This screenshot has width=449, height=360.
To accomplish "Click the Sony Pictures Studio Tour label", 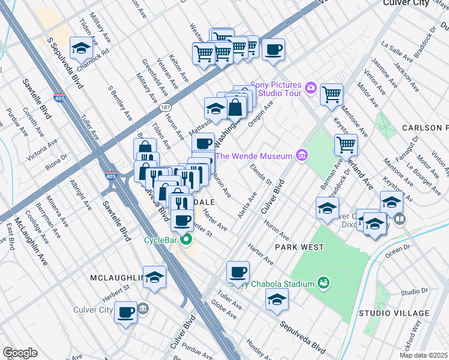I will [x=280, y=88].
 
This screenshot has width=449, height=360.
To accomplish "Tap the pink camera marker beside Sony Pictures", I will [x=310, y=88].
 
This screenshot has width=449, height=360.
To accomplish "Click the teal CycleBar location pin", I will [x=186, y=241].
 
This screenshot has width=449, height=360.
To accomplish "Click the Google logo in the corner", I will [x=20, y=352].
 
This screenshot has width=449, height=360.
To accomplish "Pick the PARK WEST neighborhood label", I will [x=300, y=247].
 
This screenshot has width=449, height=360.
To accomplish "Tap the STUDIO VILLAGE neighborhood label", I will [x=394, y=313].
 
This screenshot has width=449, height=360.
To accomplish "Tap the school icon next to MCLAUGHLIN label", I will [x=154, y=277].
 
